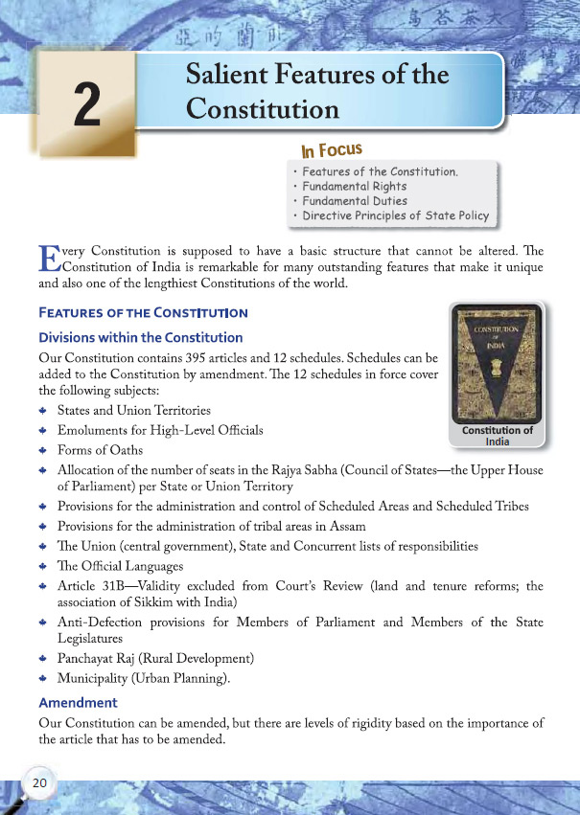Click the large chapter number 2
(x=86, y=103)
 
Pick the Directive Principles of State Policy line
(x=395, y=216)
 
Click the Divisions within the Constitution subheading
(x=140, y=338)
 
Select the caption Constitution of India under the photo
(x=497, y=437)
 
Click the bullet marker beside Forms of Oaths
(x=44, y=451)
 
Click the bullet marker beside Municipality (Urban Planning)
(x=44, y=681)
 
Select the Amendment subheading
(x=79, y=703)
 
